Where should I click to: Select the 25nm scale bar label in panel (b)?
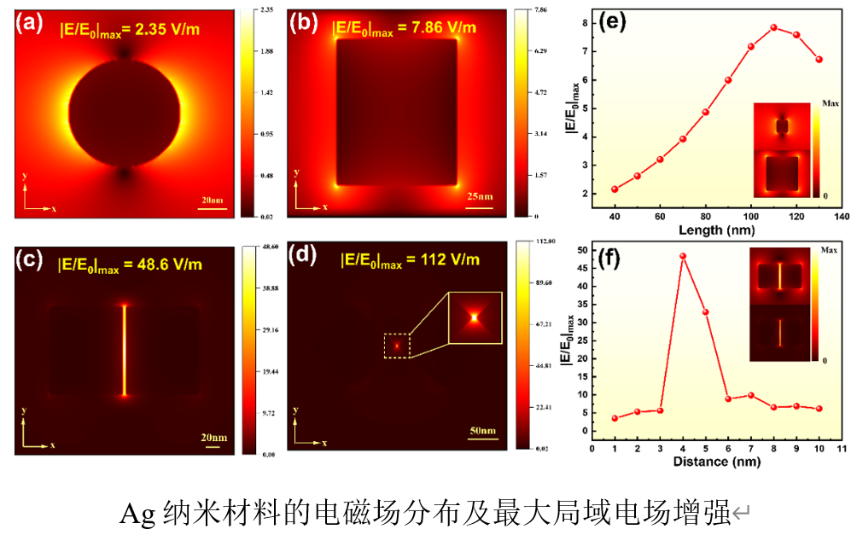point(481,198)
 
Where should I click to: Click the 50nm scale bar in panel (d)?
point(482,440)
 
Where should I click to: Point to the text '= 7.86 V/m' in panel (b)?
point(434,28)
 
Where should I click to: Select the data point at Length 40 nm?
point(615,189)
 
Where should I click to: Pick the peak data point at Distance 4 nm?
point(683,256)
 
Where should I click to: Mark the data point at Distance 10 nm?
point(819,409)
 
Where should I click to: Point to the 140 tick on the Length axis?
point(842,217)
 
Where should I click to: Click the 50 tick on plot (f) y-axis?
point(581,250)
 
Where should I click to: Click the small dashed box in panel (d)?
point(397,346)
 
